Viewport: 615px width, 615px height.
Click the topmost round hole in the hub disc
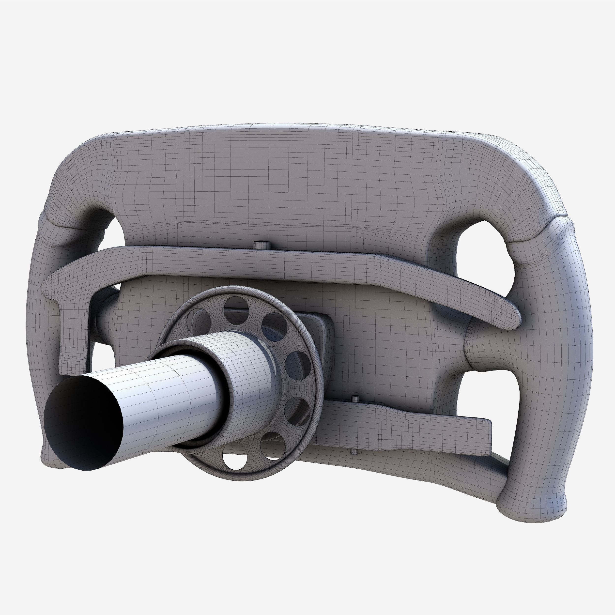click(236, 306)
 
